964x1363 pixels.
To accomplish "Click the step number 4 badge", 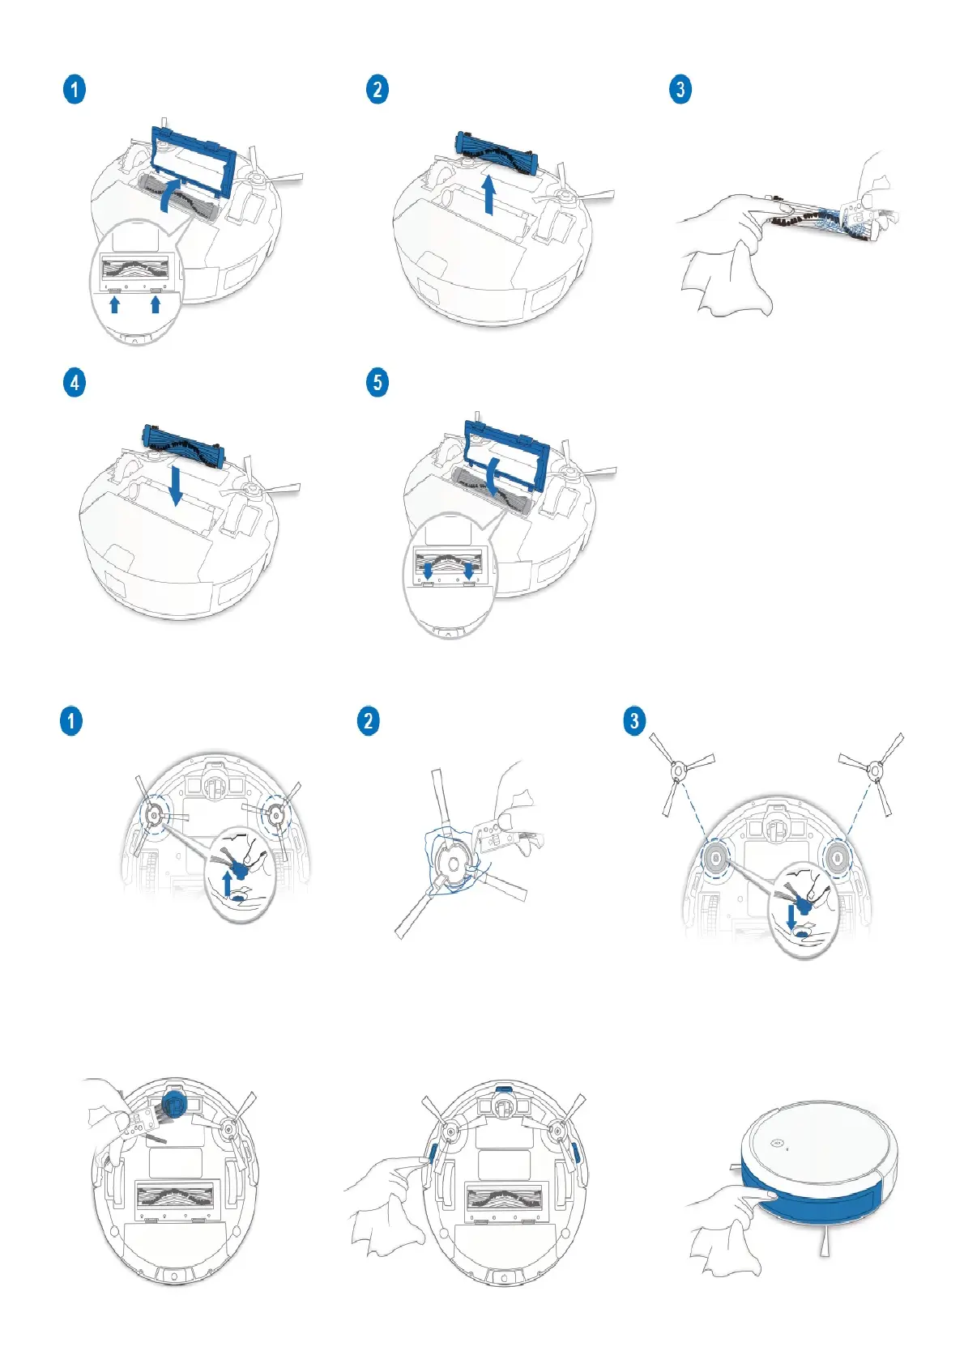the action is tap(75, 382).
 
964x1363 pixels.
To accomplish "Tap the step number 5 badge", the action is tap(377, 382).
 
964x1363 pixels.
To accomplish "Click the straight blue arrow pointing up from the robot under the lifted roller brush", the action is tap(488, 195).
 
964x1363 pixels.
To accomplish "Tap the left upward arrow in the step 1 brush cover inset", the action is tap(115, 304).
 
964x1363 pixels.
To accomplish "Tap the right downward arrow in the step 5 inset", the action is tap(468, 571).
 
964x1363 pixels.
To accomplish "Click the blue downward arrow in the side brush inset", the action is tap(791, 917).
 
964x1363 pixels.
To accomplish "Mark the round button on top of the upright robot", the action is tap(775, 1144).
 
